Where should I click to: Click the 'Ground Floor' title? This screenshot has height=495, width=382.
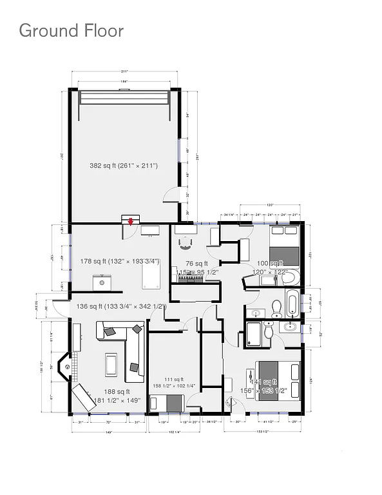[x=71, y=30]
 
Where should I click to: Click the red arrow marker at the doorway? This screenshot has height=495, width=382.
[x=131, y=222]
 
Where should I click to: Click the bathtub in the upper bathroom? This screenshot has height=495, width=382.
[x=292, y=306]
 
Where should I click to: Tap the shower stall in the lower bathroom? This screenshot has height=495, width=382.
[x=253, y=335]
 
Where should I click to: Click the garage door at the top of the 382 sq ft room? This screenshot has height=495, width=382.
[x=124, y=97]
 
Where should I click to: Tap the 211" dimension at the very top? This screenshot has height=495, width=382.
[x=124, y=71]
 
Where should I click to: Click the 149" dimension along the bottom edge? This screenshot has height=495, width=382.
[x=109, y=432]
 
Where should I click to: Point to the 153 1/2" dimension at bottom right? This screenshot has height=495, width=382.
[x=262, y=432]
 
